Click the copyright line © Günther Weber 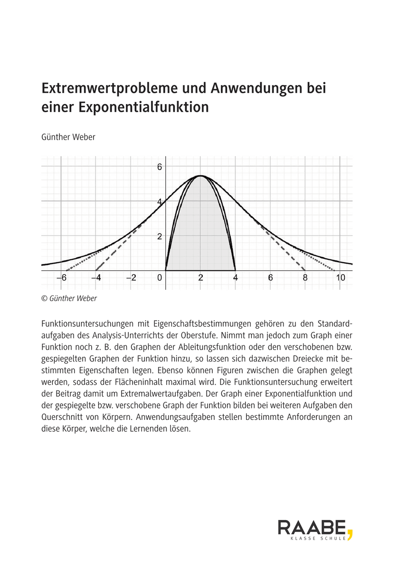(x=69, y=299)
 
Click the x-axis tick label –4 (x=95, y=278)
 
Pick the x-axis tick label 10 (x=341, y=278)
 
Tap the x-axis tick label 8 (x=305, y=278)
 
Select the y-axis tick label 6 (x=160, y=167)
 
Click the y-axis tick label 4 (x=160, y=201)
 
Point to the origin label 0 (x=160, y=278)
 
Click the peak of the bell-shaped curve (x=200, y=176)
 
